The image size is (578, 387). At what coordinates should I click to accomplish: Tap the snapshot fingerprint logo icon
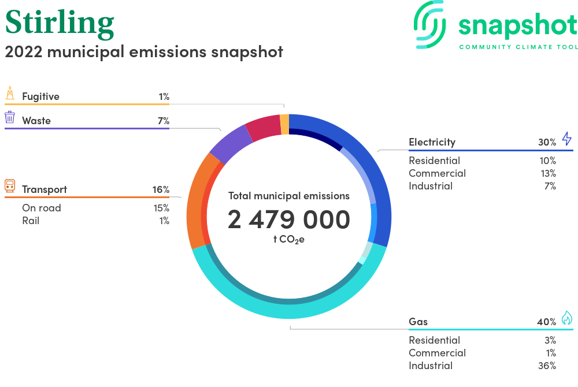click(430, 24)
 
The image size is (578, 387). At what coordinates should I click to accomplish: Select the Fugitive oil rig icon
click(10, 94)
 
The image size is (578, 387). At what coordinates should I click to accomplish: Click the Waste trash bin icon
click(10, 117)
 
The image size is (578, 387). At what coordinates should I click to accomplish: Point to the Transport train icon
click(10, 186)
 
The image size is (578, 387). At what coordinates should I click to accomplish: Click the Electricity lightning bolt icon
click(566, 139)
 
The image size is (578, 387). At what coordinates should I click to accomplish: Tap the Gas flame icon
click(567, 318)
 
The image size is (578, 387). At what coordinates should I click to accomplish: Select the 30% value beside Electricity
click(547, 142)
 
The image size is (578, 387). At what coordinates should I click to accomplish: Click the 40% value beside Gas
click(547, 322)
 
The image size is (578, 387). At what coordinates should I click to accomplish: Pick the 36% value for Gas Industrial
click(547, 366)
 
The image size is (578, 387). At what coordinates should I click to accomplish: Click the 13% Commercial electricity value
click(548, 173)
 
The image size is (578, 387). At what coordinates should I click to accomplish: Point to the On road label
click(42, 208)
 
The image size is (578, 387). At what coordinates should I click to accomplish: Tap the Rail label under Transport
click(31, 221)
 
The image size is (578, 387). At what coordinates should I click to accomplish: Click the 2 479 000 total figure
click(289, 219)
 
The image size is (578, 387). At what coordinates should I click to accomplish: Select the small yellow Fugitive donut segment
click(284, 124)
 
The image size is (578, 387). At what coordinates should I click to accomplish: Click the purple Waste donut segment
click(231, 144)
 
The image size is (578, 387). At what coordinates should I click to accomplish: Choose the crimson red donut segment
click(264, 128)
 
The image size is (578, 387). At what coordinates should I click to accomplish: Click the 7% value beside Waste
click(164, 121)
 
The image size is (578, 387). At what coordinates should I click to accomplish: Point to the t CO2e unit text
click(289, 240)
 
